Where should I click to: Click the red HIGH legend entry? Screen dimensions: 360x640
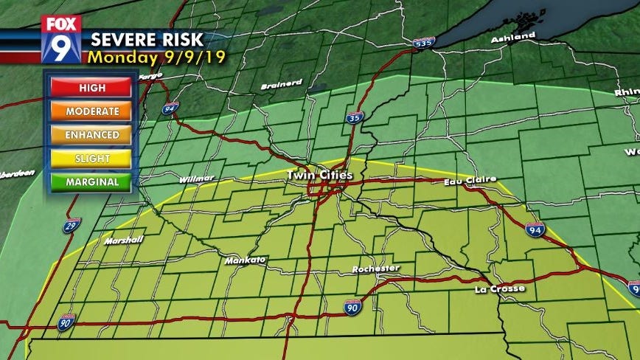tap(92, 88)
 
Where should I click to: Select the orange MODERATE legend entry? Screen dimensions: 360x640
tap(92, 111)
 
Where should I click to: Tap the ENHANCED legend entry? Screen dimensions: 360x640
tap(92, 135)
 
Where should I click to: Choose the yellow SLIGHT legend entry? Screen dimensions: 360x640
tap(92, 158)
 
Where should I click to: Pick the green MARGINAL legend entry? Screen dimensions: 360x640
tap(92, 181)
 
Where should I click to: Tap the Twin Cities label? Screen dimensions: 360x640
tap(319, 175)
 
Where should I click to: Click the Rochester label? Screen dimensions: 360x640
tap(376, 268)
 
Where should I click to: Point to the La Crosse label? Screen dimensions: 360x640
tap(499, 288)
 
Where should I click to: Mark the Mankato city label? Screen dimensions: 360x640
tap(246, 260)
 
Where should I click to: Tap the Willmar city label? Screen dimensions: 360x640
tap(197, 179)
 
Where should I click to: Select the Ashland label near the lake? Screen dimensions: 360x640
tap(514, 36)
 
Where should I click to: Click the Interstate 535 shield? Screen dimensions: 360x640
tap(422, 44)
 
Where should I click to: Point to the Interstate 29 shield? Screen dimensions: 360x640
tap(71, 225)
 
